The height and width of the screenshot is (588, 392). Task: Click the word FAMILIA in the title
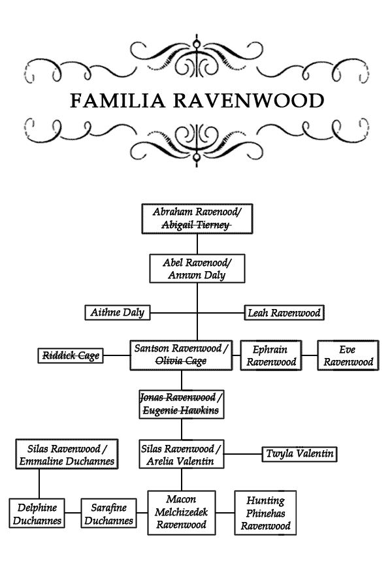[118, 101]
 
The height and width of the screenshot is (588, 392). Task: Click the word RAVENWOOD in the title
[248, 101]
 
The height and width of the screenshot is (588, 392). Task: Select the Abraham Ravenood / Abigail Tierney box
[197, 219]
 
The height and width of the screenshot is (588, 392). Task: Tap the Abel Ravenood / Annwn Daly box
[197, 269]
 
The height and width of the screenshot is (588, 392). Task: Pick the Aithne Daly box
[118, 312]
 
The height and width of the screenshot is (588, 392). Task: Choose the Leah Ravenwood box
[284, 313]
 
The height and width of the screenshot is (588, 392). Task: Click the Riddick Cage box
[71, 355]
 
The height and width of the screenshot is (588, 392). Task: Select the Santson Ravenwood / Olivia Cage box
[181, 355]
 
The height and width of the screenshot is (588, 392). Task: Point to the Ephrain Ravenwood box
[271, 355]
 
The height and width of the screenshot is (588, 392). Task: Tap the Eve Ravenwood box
[348, 355]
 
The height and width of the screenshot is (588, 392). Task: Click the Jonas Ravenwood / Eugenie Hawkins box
[182, 404]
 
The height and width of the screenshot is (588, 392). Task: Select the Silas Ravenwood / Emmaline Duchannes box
[67, 454]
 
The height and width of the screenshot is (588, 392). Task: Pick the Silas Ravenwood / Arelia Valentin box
[182, 454]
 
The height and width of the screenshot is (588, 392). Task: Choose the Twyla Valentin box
[299, 454]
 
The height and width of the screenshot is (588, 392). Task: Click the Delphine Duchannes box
[37, 514]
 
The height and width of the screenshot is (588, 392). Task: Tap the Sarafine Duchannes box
[109, 514]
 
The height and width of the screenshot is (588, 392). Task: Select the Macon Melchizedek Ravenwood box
[182, 513]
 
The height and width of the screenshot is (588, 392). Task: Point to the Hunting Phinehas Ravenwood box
[266, 513]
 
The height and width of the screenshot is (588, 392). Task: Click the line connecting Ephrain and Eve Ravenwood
[310, 355]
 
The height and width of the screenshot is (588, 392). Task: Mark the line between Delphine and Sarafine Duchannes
[73, 513]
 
